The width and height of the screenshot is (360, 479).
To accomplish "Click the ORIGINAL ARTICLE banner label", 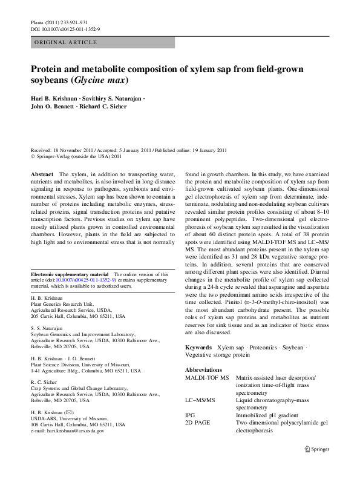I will click(66, 42).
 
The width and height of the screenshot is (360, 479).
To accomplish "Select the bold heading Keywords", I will click(198, 348).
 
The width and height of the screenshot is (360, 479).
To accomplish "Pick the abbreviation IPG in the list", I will click(190, 415).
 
